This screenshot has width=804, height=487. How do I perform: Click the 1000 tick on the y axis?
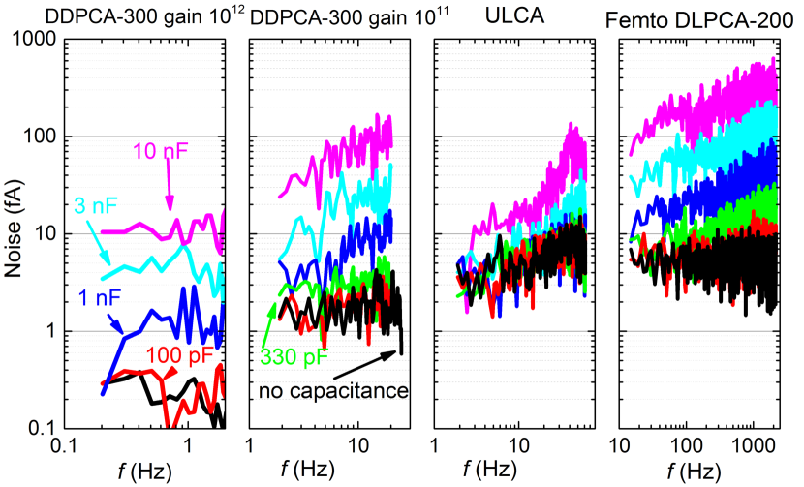[x=35, y=40]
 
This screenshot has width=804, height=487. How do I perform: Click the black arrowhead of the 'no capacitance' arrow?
[x=397, y=352]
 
